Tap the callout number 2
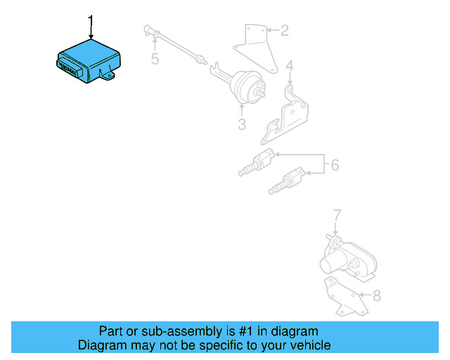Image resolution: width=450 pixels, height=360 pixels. point(284,30)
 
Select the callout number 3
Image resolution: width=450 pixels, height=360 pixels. point(241,125)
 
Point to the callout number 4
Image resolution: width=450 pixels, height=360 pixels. point(289,67)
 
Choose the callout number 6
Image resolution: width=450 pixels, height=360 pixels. point(335,165)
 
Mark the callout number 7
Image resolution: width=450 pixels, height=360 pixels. point(337,214)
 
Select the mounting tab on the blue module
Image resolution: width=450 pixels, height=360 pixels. point(110,74)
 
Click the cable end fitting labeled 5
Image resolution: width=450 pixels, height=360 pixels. point(148,29)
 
